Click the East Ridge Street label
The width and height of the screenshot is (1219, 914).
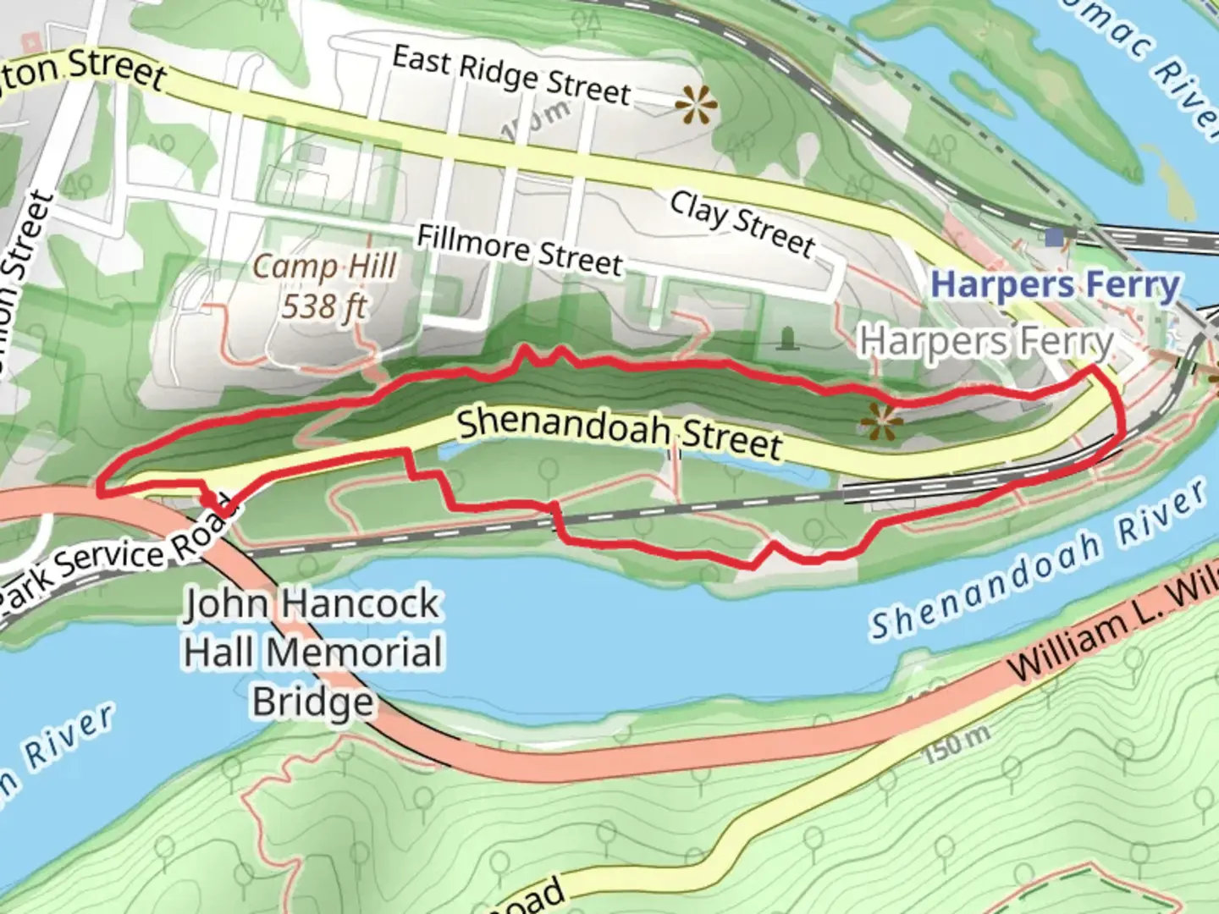coord(511,75)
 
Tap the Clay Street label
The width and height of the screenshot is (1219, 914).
coord(742,223)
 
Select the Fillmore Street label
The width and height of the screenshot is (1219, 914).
coord(519,250)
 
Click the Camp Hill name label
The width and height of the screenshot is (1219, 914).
coord(325,267)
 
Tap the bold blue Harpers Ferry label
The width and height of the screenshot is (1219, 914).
coord(1054,285)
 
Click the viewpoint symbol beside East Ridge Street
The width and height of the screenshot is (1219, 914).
coord(696,106)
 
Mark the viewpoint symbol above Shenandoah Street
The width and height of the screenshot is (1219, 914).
coord(880,421)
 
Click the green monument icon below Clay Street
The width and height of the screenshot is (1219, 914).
coord(789,339)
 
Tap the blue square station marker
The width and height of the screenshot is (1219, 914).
coord(1054,237)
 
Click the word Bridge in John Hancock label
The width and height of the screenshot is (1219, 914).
coord(312,702)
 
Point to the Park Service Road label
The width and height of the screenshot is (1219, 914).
coord(119,561)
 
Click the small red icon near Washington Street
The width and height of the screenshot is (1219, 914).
coord(32,41)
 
